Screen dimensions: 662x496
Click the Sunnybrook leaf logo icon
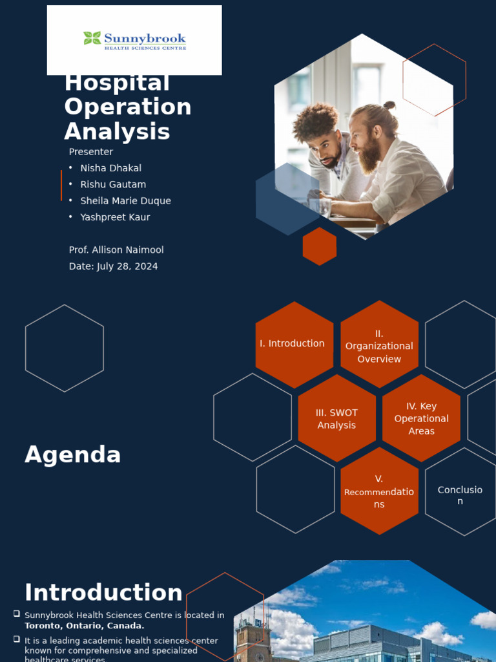(92, 38)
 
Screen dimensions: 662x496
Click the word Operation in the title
(128, 107)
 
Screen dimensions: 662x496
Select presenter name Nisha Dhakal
(110, 168)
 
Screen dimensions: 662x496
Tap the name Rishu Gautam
(113, 184)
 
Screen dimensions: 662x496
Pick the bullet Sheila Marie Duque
(125, 201)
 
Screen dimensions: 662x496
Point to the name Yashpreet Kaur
(115, 217)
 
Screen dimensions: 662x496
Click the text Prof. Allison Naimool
(121, 250)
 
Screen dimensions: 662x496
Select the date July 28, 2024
(127, 266)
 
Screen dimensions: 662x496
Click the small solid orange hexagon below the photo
(320, 246)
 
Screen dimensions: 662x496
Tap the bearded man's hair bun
(389, 105)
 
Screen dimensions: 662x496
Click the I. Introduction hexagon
(292, 344)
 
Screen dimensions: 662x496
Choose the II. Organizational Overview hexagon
(379, 346)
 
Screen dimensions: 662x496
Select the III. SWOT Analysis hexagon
(336, 419)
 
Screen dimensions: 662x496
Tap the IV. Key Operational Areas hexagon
(421, 418)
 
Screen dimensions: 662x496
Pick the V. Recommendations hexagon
(379, 491)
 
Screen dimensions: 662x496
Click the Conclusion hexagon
(460, 495)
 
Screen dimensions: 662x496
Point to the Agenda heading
(73, 455)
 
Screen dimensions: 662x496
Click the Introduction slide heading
(103, 593)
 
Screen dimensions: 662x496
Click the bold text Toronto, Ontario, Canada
(85, 626)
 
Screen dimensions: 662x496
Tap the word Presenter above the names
(91, 152)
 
